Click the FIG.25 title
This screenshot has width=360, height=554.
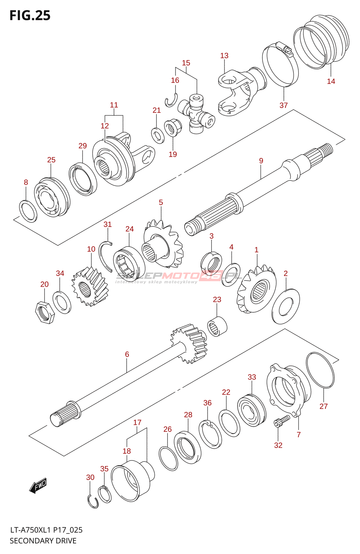click(x=30, y=16)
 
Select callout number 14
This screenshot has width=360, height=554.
click(x=331, y=81)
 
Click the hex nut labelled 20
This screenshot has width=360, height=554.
click(x=45, y=312)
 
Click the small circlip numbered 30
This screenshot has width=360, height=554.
click(x=92, y=502)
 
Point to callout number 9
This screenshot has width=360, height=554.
click(x=261, y=161)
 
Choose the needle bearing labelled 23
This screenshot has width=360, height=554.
click(x=217, y=326)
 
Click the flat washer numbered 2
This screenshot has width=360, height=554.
click(x=286, y=306)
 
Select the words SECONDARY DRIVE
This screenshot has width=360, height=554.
click(x=43, y=541)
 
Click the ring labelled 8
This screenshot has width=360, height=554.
click(x=28, y=211)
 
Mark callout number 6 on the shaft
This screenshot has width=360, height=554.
click(x=127, y=354)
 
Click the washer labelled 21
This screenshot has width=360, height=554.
click(x=158, y=135)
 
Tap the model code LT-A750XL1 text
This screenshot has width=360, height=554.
click(x=30, y=530)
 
